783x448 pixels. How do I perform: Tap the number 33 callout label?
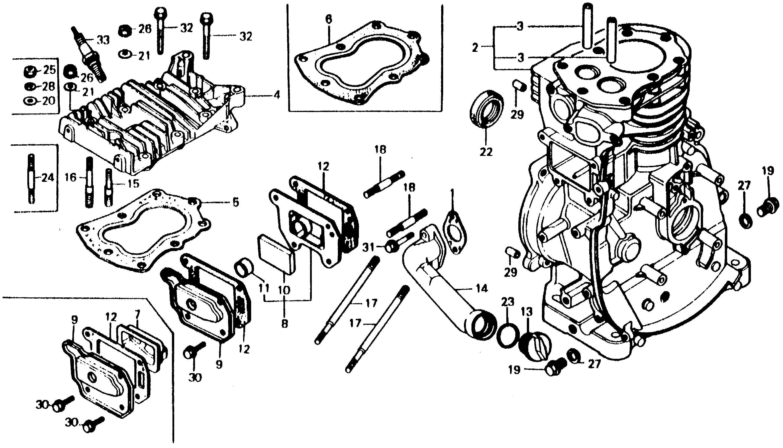(103, 40)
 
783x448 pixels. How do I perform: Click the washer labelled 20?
(30, 101)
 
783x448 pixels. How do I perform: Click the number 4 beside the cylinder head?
(277, 95)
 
